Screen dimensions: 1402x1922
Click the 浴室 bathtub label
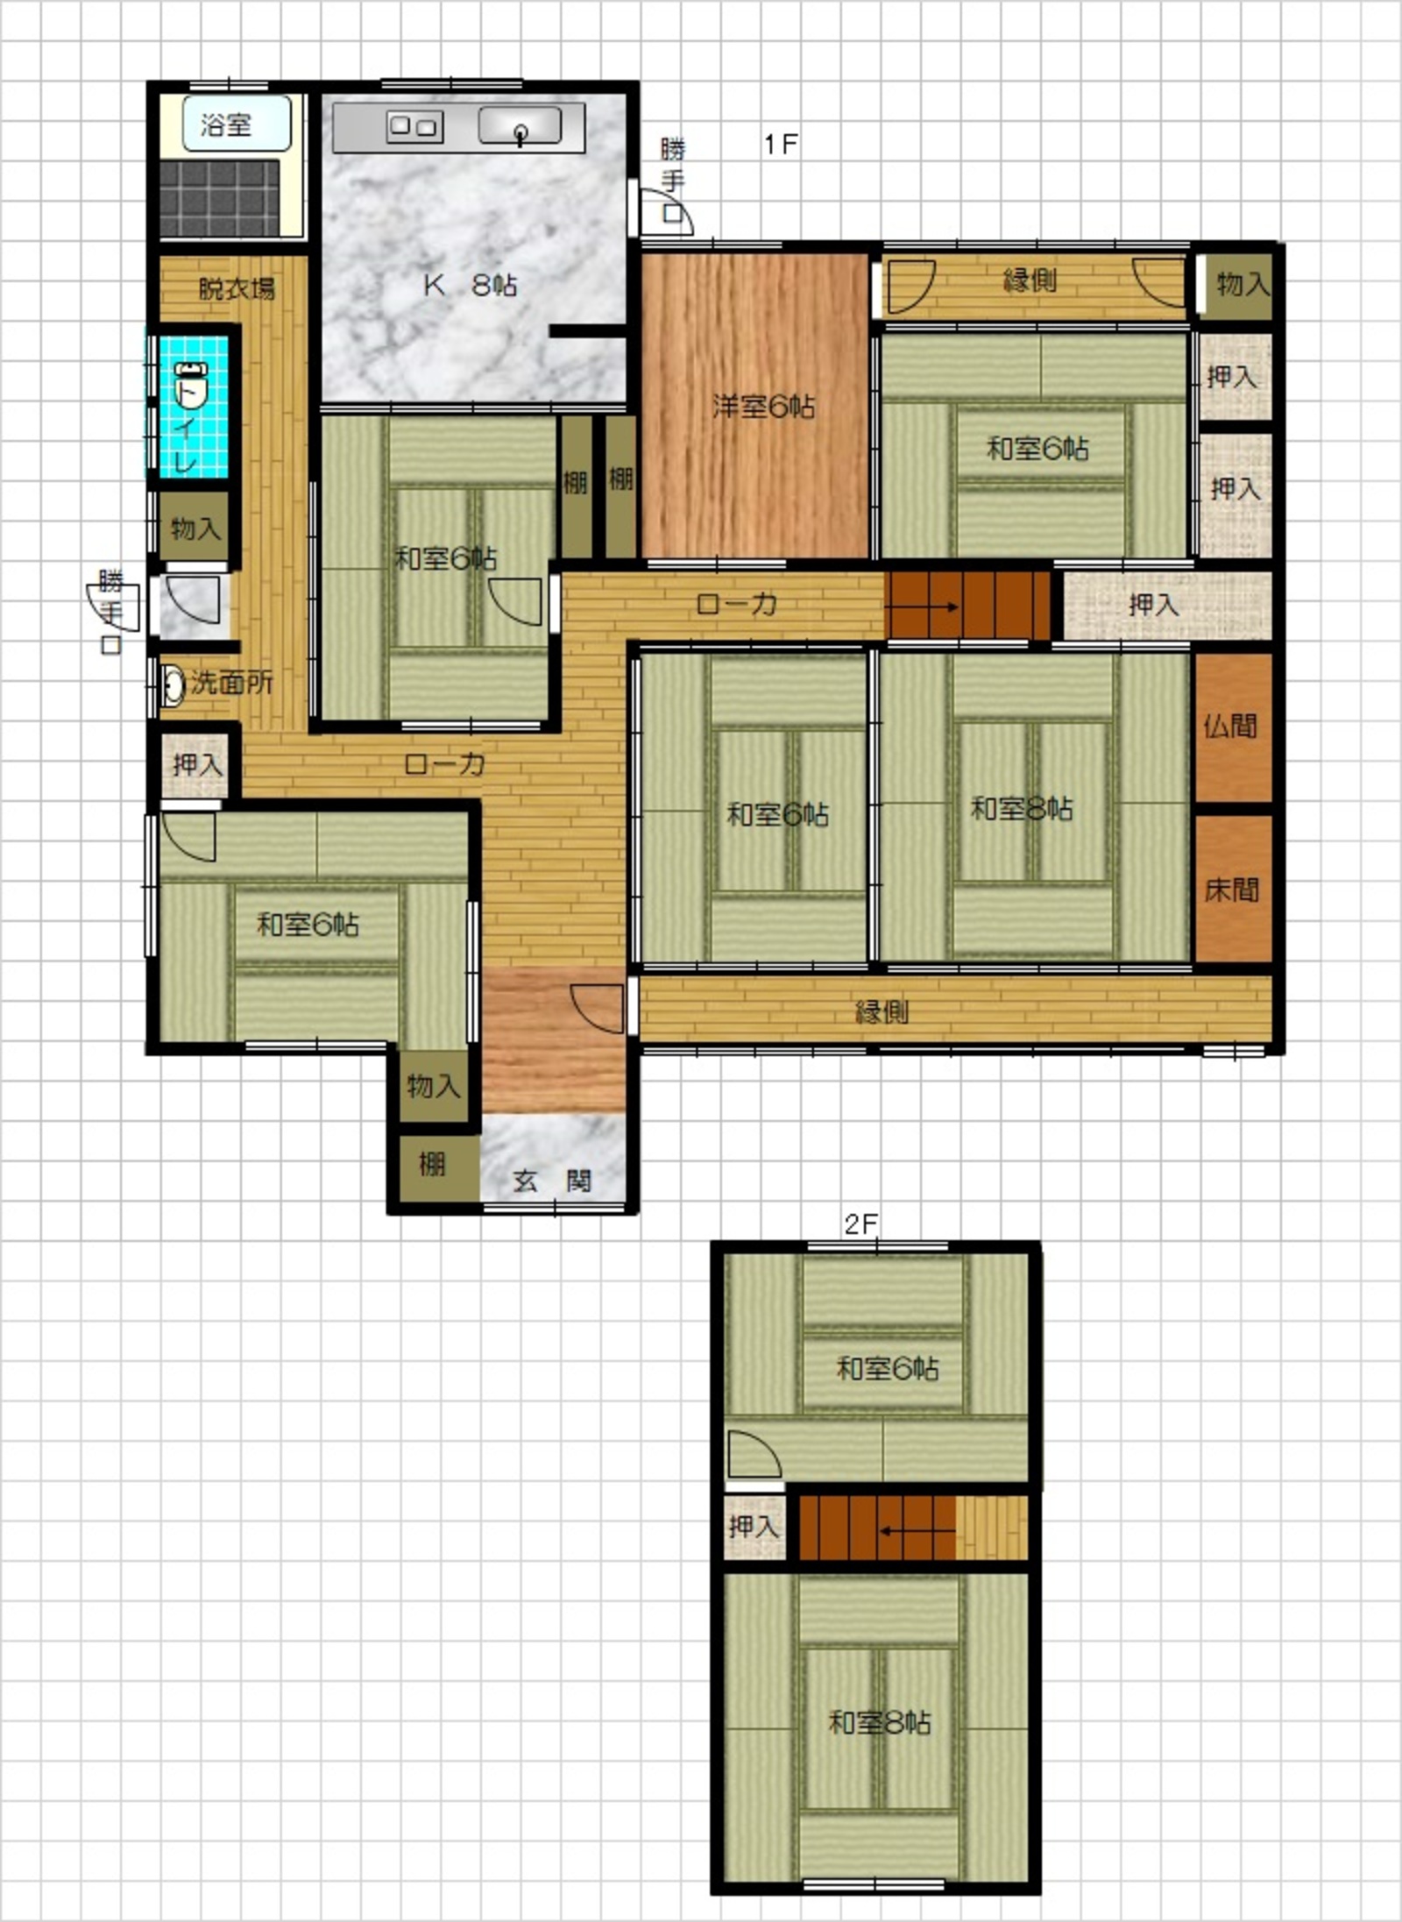point(226,125)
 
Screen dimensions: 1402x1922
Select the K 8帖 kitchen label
point(471,285)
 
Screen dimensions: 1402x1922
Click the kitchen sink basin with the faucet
point(520,125)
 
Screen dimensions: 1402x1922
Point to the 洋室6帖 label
point(763,406)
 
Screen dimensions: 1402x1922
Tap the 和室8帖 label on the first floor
point(1022,808)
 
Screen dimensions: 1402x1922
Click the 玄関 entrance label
point(552,1181)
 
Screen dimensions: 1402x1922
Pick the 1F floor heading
point(780,144)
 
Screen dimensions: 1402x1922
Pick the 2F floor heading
point(860,1223)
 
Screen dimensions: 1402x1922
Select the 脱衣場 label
point(237,287)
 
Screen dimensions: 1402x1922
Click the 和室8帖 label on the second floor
point(880,1721)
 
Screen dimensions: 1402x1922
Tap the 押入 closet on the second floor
point(754,1527)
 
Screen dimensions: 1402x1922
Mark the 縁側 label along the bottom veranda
point(882,1011)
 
